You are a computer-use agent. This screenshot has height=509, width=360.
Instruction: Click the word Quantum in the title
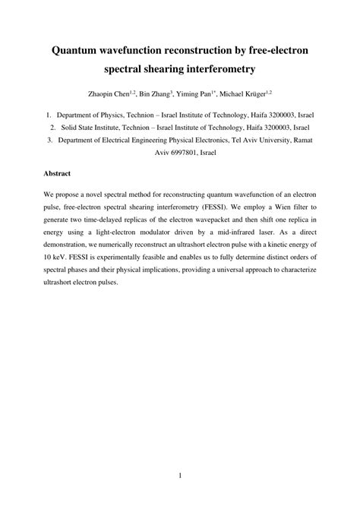click(79, 51)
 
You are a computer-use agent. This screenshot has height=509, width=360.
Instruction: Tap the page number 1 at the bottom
click(180, 476)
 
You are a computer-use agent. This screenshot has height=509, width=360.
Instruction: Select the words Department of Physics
click(95, 114)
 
